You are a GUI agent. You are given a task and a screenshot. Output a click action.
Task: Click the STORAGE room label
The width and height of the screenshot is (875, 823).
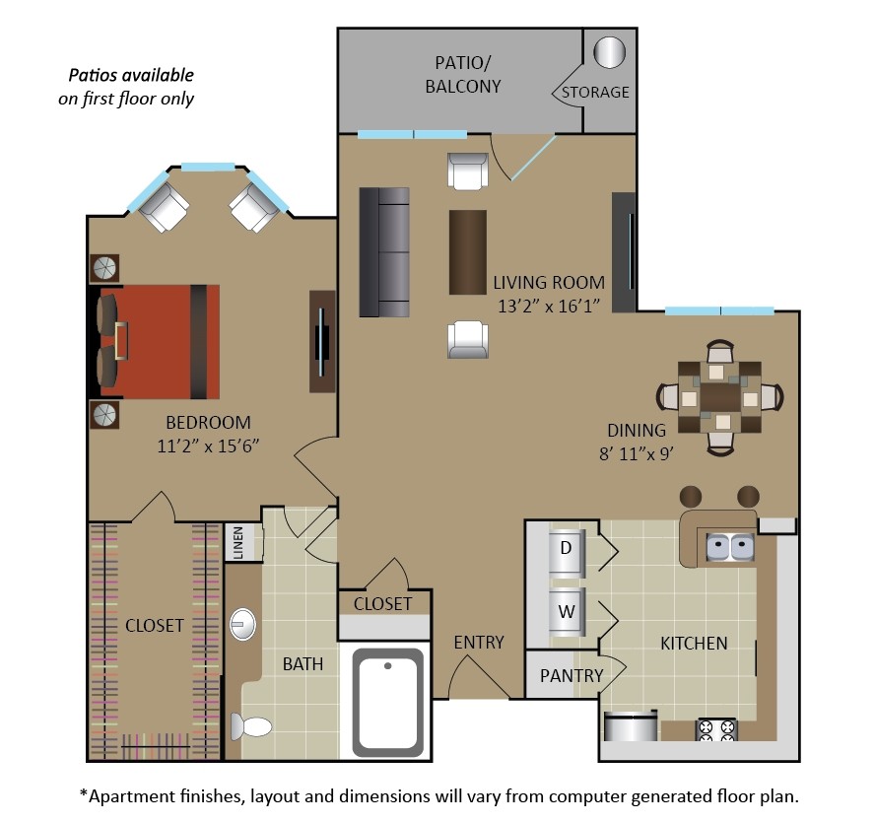[595, 92]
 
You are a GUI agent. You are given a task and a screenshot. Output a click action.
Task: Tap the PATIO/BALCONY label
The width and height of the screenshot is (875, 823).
[463, 75]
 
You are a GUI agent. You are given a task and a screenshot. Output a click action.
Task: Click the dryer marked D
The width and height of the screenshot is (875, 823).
[567, 548]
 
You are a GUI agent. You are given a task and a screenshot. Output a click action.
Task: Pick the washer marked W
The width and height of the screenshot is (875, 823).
[567, 611]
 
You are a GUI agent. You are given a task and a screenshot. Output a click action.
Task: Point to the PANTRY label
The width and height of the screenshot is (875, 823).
[572, 675]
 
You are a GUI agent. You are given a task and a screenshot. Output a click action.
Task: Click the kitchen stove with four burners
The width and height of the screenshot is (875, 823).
[717, 730]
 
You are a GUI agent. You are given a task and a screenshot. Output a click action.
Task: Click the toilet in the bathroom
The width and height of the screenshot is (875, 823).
[251, 727]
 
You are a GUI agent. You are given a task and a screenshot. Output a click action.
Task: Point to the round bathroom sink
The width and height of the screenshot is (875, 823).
[242, 624]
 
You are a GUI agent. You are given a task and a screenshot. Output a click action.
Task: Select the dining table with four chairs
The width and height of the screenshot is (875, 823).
[721, 397]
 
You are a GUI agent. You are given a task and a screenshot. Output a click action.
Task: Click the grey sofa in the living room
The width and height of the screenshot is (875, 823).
[384, 252]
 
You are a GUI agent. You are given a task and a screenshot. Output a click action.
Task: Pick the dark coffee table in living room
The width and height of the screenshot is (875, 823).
[468, 252]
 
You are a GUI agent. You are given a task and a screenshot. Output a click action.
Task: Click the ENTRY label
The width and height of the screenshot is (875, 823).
[479, 643]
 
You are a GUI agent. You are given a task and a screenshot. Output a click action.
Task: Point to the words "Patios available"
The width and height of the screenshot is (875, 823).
[130, 75]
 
